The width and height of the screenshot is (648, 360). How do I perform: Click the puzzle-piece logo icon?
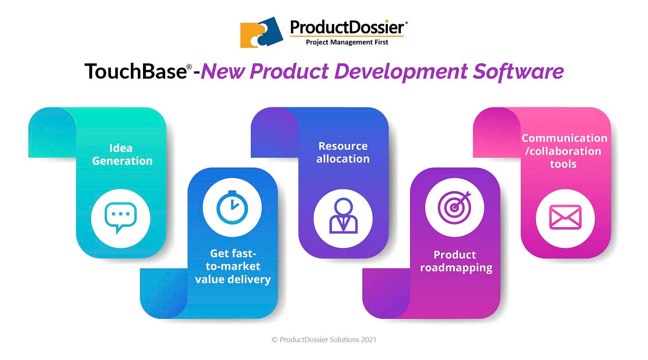pyautogui.click(x=262, y=32)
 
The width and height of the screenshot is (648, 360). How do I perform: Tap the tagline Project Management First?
pyautogui.click(x=347, y=42)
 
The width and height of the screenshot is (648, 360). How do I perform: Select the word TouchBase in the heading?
pyautogui.click(x=136, y=71)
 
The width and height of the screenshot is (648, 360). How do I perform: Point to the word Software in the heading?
pyautogui.click(x=518, y=71)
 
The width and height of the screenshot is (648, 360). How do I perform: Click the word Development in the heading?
pyautogui.click(x=401, y=72)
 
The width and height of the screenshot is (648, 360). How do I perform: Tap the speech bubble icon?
pyautogui.click(x=121, y=218)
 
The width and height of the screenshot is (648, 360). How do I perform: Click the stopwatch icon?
pyautogui.click(x=232, y=207)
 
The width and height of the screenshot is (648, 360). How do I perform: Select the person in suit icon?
pyautogui.click(x=343, y=216)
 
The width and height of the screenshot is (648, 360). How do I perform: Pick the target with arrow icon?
pyautogui.click(x=455, y=207)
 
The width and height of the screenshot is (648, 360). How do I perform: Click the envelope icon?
pyautogui.click(x=565, y=217)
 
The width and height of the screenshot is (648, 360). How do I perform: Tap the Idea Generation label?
pyautogui.click(x=122, y=155)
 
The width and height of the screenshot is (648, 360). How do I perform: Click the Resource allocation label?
pyautogui.click(x=343, y=152)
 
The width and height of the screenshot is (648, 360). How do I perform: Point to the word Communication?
pyautogui.click(x=564, y=138)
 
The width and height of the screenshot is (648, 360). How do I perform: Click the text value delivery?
pyautogui.click(x=233, y=279)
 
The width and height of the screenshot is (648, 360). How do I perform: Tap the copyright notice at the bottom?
pyautogui.click(x=324, y=340)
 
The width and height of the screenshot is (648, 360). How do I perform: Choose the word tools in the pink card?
pyautogui.click(x=563, y=164)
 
